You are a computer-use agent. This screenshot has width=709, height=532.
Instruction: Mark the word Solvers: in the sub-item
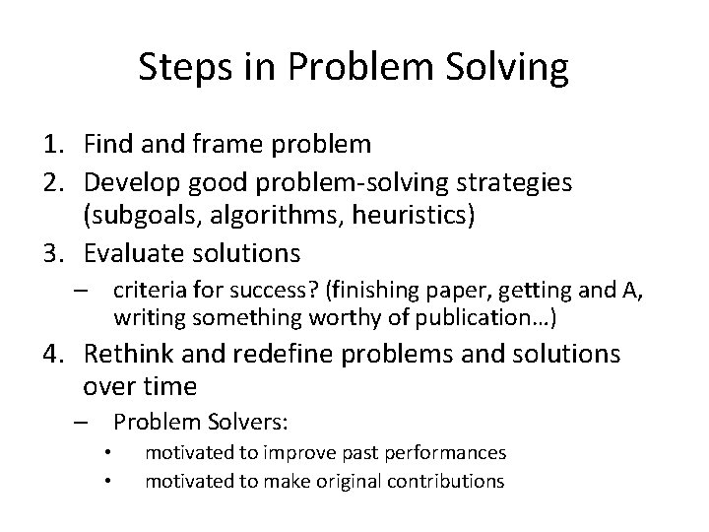point(248,423)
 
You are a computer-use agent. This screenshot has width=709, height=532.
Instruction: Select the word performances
point(444,453)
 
